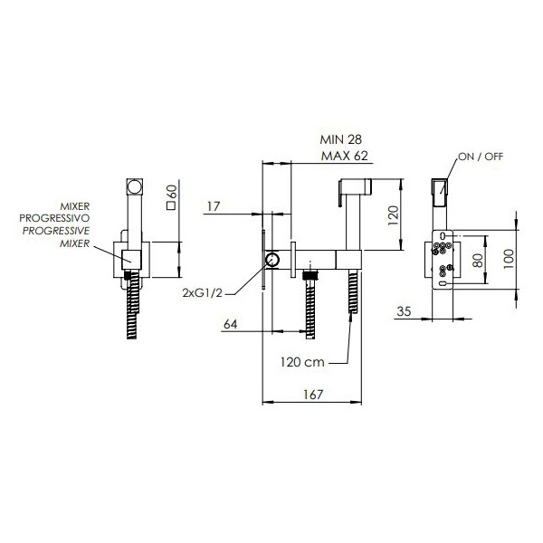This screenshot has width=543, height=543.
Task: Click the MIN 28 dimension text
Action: coord(341,139)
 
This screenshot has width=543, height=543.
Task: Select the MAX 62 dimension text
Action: coord(344,156)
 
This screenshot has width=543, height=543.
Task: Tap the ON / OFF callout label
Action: coord(481,157)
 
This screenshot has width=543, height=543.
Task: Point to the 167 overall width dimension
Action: coord(313,395)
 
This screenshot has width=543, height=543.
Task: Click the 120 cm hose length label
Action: coord(302,362)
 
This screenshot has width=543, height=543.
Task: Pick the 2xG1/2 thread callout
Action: coord(202,293)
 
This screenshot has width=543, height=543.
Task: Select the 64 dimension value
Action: coord(230,324)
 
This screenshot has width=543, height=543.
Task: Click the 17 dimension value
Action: coord(214,206)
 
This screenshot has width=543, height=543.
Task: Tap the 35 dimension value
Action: coord(404,311)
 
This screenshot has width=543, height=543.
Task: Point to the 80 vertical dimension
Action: coord(478,260)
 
